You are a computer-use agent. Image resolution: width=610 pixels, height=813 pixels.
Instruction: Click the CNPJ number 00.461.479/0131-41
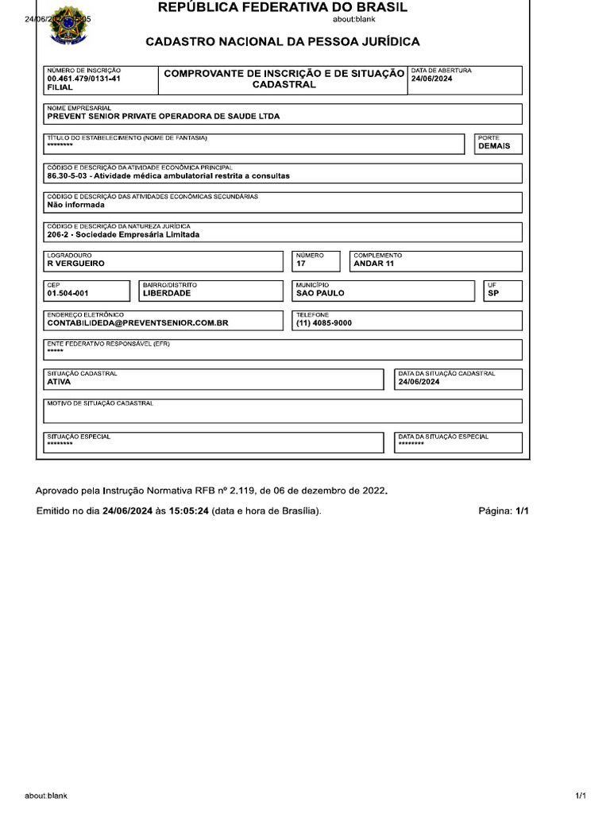pyautogui.click(x=84, y=79)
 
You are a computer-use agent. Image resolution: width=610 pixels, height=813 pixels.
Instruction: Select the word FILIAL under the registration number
pyautogui.click(x=60, y=88)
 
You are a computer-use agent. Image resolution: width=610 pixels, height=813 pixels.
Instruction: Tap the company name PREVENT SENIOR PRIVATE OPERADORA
pyautogui.click(x=164, y=116)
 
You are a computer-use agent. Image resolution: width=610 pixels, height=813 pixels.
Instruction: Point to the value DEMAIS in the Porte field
pyautogui.click(x=494, y=147)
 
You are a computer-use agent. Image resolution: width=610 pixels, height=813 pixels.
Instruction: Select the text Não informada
pyautogui.click(x=75, y=204)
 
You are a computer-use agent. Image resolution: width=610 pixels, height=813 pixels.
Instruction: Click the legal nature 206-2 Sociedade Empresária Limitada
pyautogui.click(x=123, y=234)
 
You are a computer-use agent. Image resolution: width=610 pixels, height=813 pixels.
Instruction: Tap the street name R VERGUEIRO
pyautogui.click(x=75, y=264)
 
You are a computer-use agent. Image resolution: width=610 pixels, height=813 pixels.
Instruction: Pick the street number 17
pyautogui.click(x=301, y=264)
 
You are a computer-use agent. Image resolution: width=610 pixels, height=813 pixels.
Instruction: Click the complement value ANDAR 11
pyautogui.click(x=373, y=264)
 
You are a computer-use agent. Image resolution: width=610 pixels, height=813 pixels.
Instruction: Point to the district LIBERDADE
pyautogui.click(x=167, y=293)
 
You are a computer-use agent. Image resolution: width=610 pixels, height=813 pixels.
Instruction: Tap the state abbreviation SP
pyautogui.click(x=493, y=293)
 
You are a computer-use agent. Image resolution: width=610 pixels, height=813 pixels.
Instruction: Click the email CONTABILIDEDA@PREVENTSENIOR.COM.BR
pyautogui.click(x=138, y=323)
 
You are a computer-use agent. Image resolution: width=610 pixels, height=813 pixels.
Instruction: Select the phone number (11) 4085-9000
pyautogui.click(x=323, y=323)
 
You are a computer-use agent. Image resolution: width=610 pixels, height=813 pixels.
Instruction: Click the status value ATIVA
pyautogui.click(x=59, y=382)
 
